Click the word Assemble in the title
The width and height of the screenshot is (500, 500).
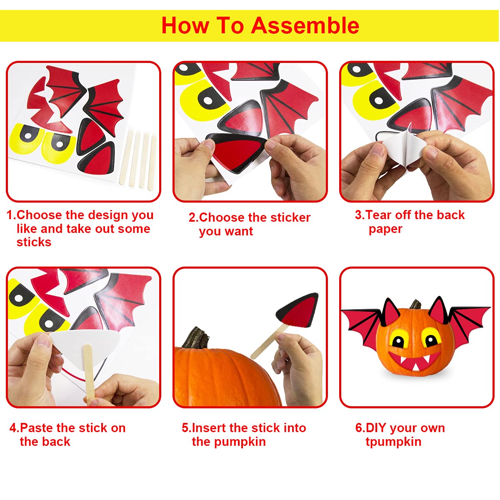click(x=305, y=25)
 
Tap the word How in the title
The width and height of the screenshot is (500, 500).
click(x=185, y=25)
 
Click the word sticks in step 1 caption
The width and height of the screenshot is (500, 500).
click(x=34, y=242)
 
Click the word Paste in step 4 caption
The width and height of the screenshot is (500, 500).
click(x=37, y=428)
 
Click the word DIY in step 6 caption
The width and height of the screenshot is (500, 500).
click(x=376, y=428)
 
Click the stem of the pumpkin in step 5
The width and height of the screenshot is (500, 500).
click(x=196, y=337)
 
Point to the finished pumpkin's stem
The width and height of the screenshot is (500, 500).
click(x=416, y=304)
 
